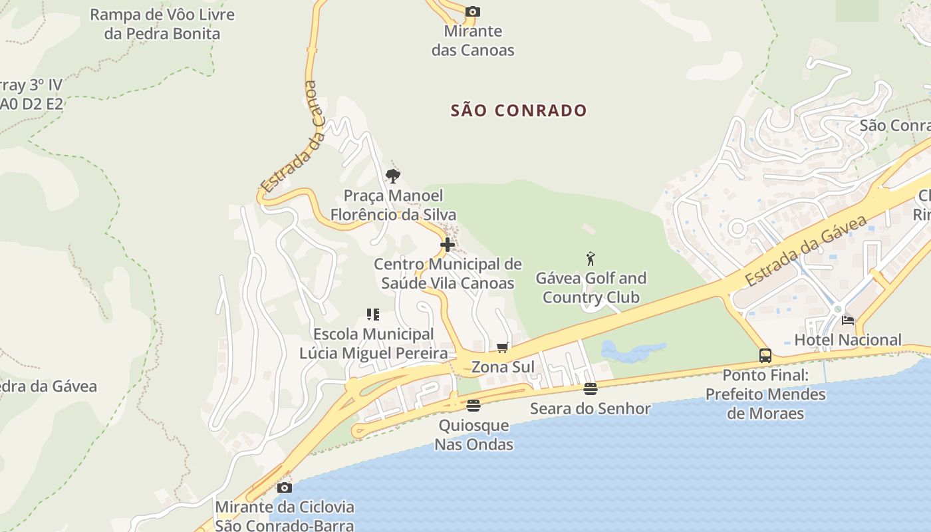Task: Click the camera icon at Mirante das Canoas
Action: (473, 11)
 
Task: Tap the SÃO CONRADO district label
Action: (519, 110)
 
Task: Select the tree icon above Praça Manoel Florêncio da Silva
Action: (393, 176)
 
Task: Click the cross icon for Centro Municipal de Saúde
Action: (448, 245)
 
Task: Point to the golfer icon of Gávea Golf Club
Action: (591, 259)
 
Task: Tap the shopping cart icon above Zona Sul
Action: (503, 347)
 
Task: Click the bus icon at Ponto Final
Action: (765, 356)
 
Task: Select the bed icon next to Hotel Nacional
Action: (848, 320)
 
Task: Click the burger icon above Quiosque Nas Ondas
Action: (473, 405)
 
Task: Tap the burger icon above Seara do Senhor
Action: (591, 388)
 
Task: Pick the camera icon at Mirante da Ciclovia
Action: (285, 487)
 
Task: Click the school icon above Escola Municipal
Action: (373, 315)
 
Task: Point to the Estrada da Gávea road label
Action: (807, 251)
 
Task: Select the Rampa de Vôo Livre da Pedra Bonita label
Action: (162, 24)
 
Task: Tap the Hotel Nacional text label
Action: (848, 340)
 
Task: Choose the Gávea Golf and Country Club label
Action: (591, 287)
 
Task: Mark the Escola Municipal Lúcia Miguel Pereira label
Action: (374, 344)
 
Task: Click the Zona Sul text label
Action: (503, 367)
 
